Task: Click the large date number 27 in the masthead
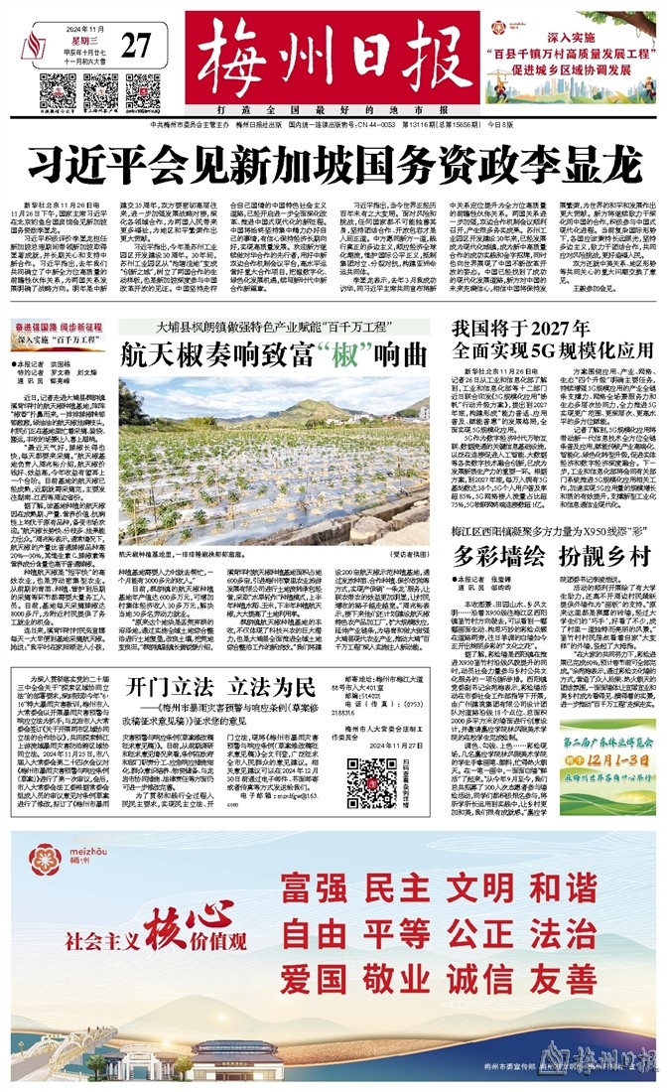(x=139, y=46)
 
